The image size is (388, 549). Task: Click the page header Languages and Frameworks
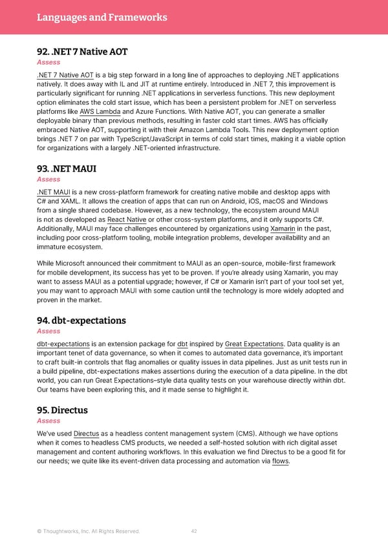(102, 17)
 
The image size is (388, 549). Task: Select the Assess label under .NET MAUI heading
(48, 179)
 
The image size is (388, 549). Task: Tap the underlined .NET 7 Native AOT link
(65, 75)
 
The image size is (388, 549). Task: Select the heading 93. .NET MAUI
(66, 168)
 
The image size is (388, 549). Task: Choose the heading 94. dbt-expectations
(81, 320)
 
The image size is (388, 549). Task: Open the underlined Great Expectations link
(255, 343)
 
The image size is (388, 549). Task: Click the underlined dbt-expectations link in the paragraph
(63, 343)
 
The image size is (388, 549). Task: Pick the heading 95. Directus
(62, 410)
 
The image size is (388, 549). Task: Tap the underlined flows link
(280, 461)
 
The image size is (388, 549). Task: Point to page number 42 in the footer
(194, 532)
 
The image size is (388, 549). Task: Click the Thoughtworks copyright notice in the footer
(87, 532)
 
